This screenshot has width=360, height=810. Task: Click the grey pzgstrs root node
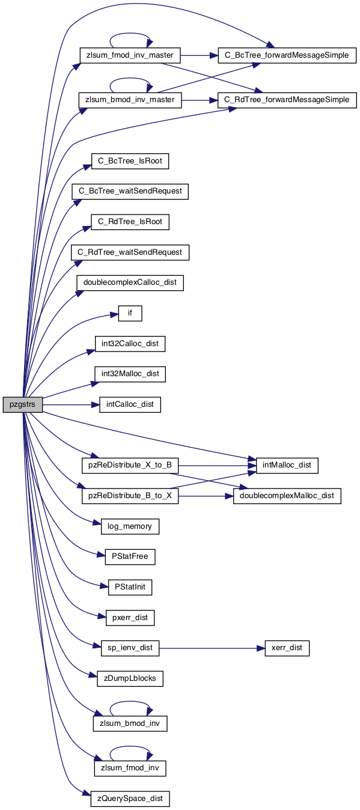click(22, 404)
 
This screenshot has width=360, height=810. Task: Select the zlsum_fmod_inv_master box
click(130, 55)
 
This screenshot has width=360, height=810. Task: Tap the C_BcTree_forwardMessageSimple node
click(287, 55)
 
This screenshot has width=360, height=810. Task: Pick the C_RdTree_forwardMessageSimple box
click(287, 100)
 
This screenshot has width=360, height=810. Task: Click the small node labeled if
click(130, 313)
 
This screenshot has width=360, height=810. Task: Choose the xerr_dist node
click(287, 648)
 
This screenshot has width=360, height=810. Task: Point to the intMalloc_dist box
click(287, 465)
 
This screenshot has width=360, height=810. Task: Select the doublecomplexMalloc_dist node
click(287, 496)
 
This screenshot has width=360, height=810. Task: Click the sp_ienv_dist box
click(130, 648)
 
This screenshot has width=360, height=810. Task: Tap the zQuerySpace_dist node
click(130, 799)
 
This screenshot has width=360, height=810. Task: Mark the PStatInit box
click(130, 587)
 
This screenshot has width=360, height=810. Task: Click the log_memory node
click(130, 526)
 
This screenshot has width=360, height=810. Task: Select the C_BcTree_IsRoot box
click(130, 161)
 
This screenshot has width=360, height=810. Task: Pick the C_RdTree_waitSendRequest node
click(130, 252)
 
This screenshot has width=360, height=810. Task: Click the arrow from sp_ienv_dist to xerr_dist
click(212, 648)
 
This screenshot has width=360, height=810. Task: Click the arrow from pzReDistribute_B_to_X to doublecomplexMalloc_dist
click(206, 496)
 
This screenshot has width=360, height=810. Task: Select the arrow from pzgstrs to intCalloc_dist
click(71, 404)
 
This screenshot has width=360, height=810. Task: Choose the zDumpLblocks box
click(130, 678)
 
